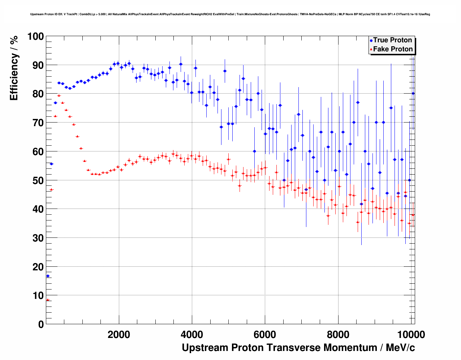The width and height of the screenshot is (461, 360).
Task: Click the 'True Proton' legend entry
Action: coord(392,40)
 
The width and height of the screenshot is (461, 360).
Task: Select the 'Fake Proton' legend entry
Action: coord(393,49)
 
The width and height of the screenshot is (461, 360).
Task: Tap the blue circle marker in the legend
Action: coord(371,40)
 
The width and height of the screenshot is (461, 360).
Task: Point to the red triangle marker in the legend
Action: coord(371,49)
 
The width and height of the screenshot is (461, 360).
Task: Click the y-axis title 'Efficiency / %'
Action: coord(14,68)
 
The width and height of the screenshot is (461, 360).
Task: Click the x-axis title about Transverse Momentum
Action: coord(298,348)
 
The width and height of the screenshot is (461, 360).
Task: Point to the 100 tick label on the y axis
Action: coord(35,37)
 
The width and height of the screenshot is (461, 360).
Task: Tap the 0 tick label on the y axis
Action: coord(41,324)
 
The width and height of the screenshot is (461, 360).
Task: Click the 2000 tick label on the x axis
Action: coord(119,335)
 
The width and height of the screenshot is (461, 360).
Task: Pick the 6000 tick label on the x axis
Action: coord(265,335)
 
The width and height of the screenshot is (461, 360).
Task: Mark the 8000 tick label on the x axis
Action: coord(338,335)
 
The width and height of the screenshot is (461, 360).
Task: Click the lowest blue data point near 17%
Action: coord(48,276)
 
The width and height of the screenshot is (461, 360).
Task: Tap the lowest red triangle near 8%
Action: coord(48,300)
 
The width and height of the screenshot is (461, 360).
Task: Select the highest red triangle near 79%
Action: coord(59,96)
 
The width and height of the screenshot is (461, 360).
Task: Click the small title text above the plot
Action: coord(230,14)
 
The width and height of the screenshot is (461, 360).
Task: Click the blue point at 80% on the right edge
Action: coord(413,94)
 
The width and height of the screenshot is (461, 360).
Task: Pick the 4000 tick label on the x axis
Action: coord(192,335)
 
